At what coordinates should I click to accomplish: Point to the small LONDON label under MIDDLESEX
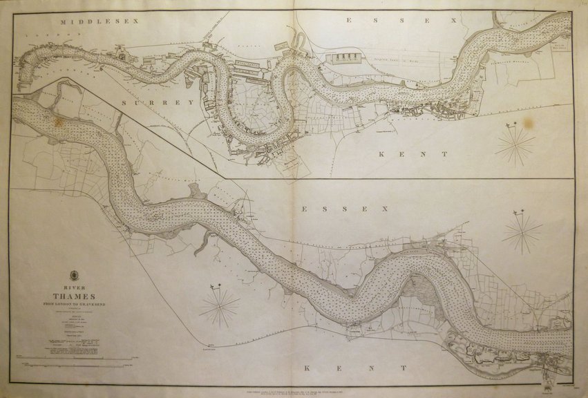click(x=34, y=34)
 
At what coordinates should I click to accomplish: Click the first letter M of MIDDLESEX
click(x=63, y=21)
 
